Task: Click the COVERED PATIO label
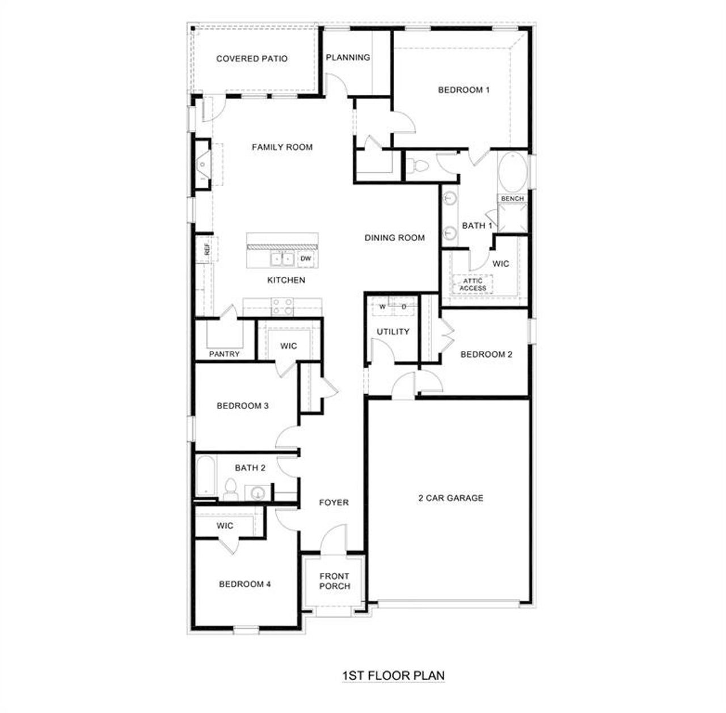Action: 252,58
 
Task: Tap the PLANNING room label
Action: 348,57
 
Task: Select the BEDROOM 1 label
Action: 463,90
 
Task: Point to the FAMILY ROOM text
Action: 282,147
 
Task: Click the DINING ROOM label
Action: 394,238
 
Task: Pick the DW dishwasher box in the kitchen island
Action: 306,259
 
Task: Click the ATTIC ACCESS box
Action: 472,284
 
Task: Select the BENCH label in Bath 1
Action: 512,199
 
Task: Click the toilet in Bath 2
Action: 230,490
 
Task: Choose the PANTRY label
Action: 225,354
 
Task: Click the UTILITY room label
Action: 393,332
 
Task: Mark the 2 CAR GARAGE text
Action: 450,498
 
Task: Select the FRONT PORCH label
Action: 334,581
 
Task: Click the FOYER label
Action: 334,503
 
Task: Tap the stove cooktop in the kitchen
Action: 282,307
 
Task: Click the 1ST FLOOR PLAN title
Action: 393,676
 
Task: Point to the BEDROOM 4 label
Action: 244,584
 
